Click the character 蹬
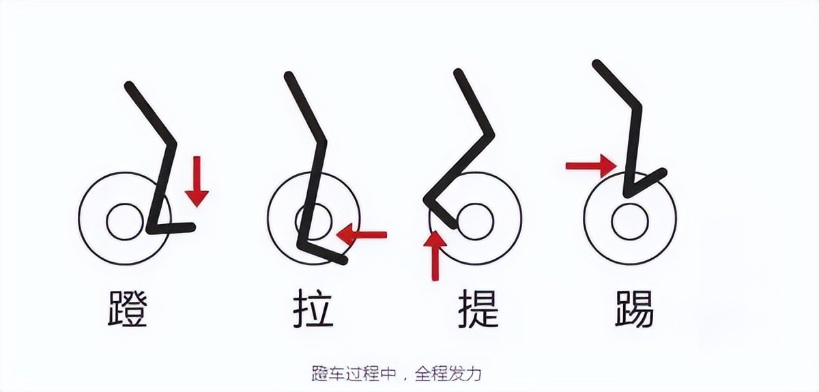point(128,309)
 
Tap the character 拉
point(313,308)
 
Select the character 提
point(478,308)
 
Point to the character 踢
point(634,309)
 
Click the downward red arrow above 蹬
point(197,182)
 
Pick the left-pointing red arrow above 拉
point(361,234)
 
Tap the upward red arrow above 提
point(435,255)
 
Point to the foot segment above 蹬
point(171,228)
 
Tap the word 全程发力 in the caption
point(448,374)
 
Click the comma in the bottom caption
point(405,378)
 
